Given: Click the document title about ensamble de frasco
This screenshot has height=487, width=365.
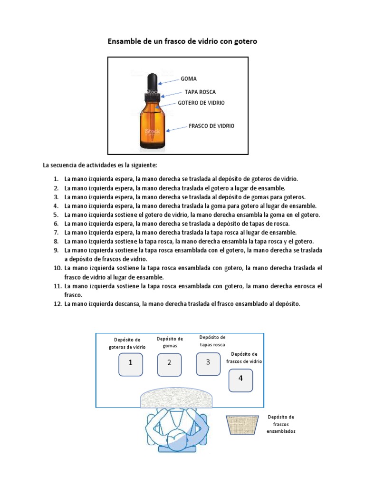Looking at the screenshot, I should pos(182,42).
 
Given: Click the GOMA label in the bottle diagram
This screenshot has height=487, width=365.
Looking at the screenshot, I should pos(189,78).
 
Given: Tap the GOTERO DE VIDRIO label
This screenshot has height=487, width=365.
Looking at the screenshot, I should pos(201,103).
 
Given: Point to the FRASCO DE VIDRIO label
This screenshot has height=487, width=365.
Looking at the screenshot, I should pos(211,126).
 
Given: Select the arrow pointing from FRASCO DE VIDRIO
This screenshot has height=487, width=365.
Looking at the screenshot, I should pos(174,129).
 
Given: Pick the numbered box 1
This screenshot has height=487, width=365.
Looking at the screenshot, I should pos(131,364).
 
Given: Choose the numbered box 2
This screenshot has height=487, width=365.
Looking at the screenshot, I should pos(169,364).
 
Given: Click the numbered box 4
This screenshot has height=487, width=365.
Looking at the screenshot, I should pos(240,380).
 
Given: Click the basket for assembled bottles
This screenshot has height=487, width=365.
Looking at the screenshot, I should pos(242,424).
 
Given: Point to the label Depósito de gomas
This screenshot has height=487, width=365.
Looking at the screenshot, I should pos(169,342).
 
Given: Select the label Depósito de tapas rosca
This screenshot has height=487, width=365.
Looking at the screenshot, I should pos(212,341).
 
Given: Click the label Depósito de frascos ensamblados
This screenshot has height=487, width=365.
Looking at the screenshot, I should pos(281,424).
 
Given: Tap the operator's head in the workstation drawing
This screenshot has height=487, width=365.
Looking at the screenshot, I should pos(178,440).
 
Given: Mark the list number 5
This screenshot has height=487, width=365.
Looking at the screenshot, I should pos(56,214).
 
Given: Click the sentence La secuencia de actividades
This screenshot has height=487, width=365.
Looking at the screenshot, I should pos(99,165).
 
